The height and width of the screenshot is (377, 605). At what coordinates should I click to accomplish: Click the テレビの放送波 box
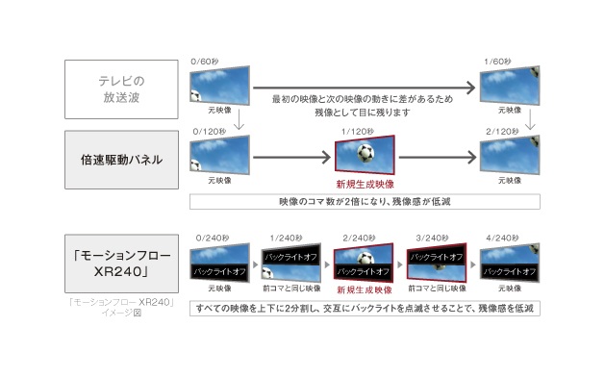[121, 89]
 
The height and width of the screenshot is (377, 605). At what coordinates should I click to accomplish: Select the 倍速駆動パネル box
[121, 159]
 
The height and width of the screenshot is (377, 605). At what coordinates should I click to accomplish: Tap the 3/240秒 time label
[431, 236]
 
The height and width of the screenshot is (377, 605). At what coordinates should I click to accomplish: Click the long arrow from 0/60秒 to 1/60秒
[366, 89]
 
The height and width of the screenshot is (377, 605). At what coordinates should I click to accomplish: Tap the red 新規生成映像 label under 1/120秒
[364, 183]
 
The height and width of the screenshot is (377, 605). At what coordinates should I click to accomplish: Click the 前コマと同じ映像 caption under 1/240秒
[290, 288]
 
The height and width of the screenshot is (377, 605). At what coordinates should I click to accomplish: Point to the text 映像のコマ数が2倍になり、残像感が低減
[364, 202]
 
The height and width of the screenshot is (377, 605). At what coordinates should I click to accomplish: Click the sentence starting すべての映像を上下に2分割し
[364, 308]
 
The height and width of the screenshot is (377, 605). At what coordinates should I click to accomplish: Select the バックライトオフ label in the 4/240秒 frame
[507, 272]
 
